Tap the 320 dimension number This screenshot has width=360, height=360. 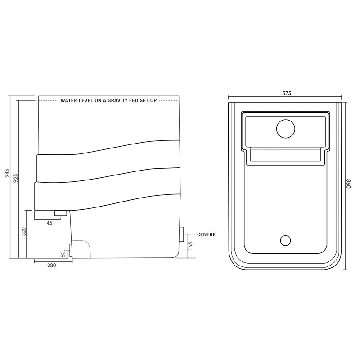pyautogui.click(x=24, y=232)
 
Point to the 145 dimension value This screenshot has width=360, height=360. pyautogui.click(x=48, y=223)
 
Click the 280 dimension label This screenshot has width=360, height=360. pyautogui.click(x=51, y=265)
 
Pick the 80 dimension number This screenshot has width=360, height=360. pyautogui.click(x=63, y=254)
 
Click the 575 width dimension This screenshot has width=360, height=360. pyautogui.click(x=287, y=94)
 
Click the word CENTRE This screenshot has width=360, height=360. pyautogui.click(x=207, y=234)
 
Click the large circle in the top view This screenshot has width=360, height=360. pyautogui.click(x=284, y=128)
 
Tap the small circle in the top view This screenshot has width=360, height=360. pyautogui.click(x=285, y=240)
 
